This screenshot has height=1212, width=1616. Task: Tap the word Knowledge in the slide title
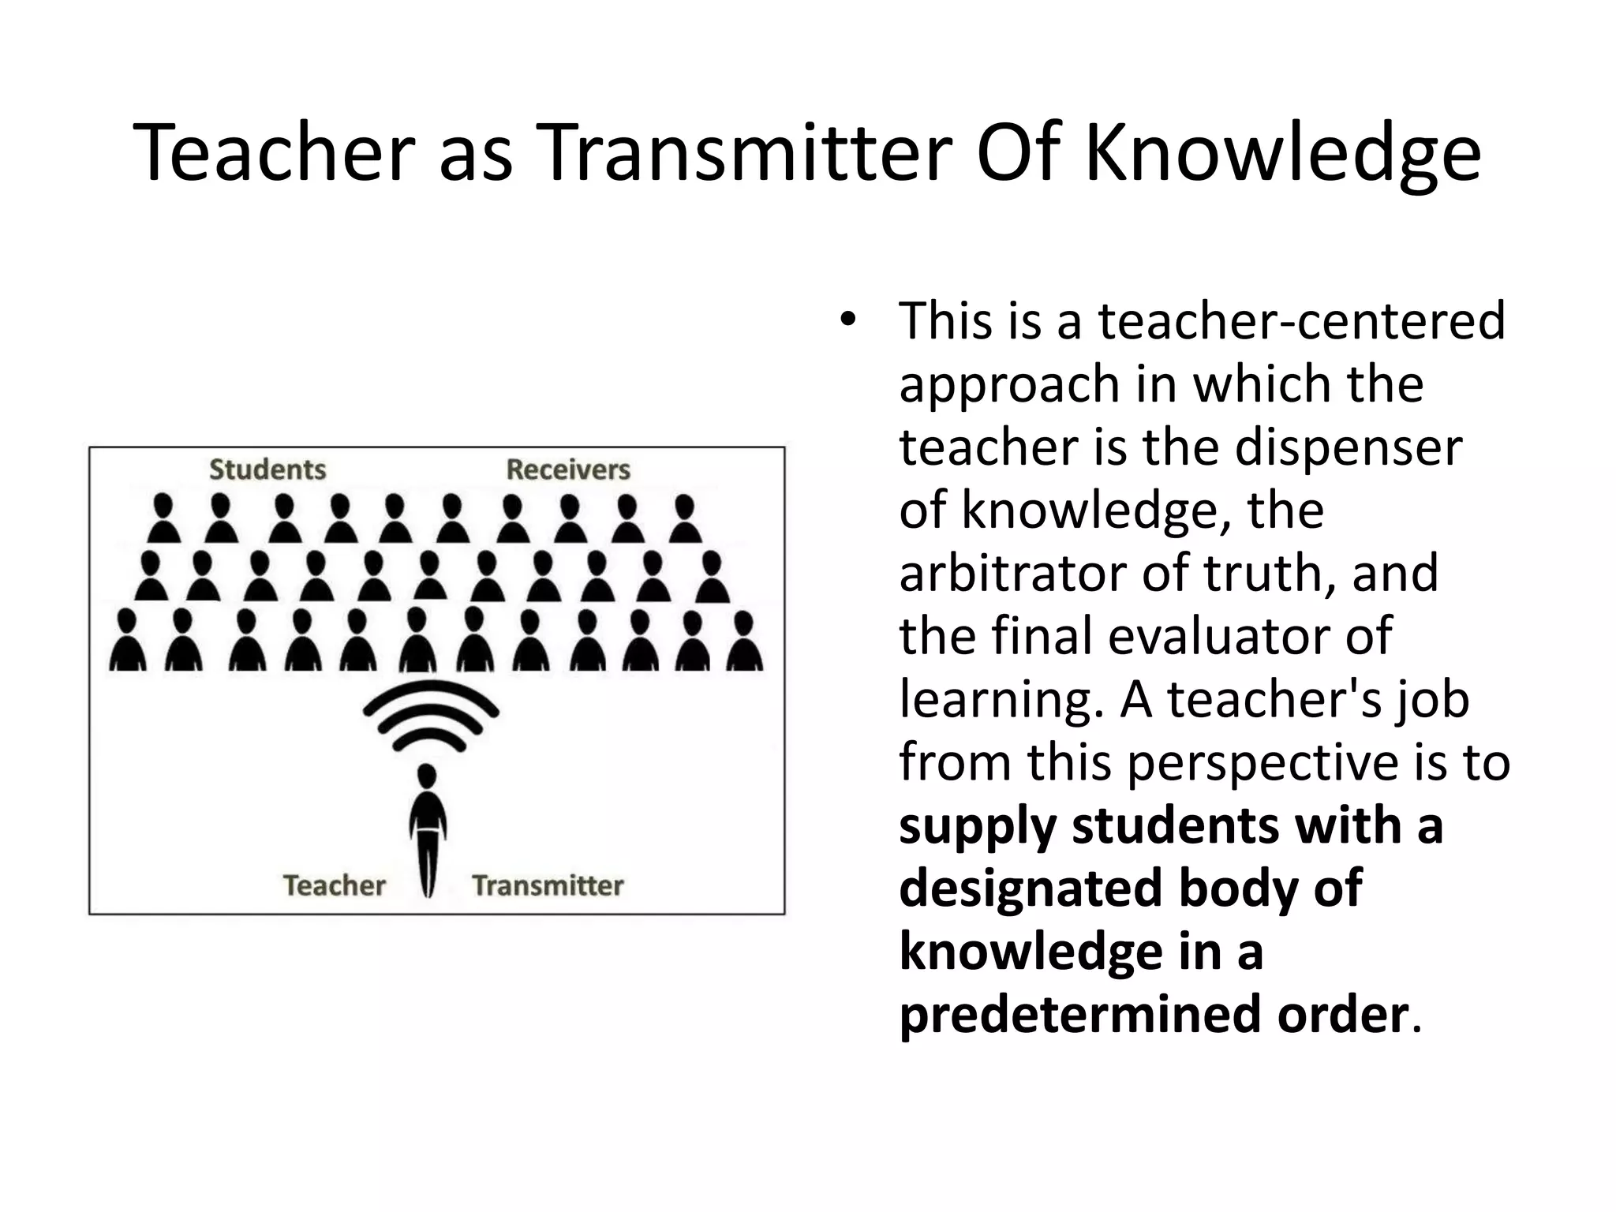click(1281, 155)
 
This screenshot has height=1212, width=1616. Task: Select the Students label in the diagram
click(267, 469)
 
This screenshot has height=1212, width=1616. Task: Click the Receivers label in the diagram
click(568, 469)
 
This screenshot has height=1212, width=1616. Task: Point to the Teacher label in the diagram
click(334, 885)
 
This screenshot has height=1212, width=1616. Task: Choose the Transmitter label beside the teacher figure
click(548, 885)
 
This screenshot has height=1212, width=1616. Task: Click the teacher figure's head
click(427, 775)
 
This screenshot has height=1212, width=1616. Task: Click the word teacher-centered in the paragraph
click(1301, 321)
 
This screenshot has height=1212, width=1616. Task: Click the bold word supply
click(977, 827)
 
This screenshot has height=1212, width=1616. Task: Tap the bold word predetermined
click(1080, 1015)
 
